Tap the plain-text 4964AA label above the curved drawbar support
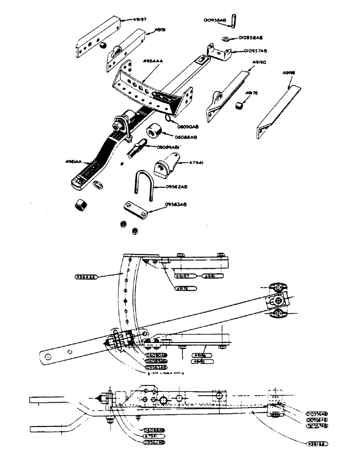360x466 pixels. (140, 61)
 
